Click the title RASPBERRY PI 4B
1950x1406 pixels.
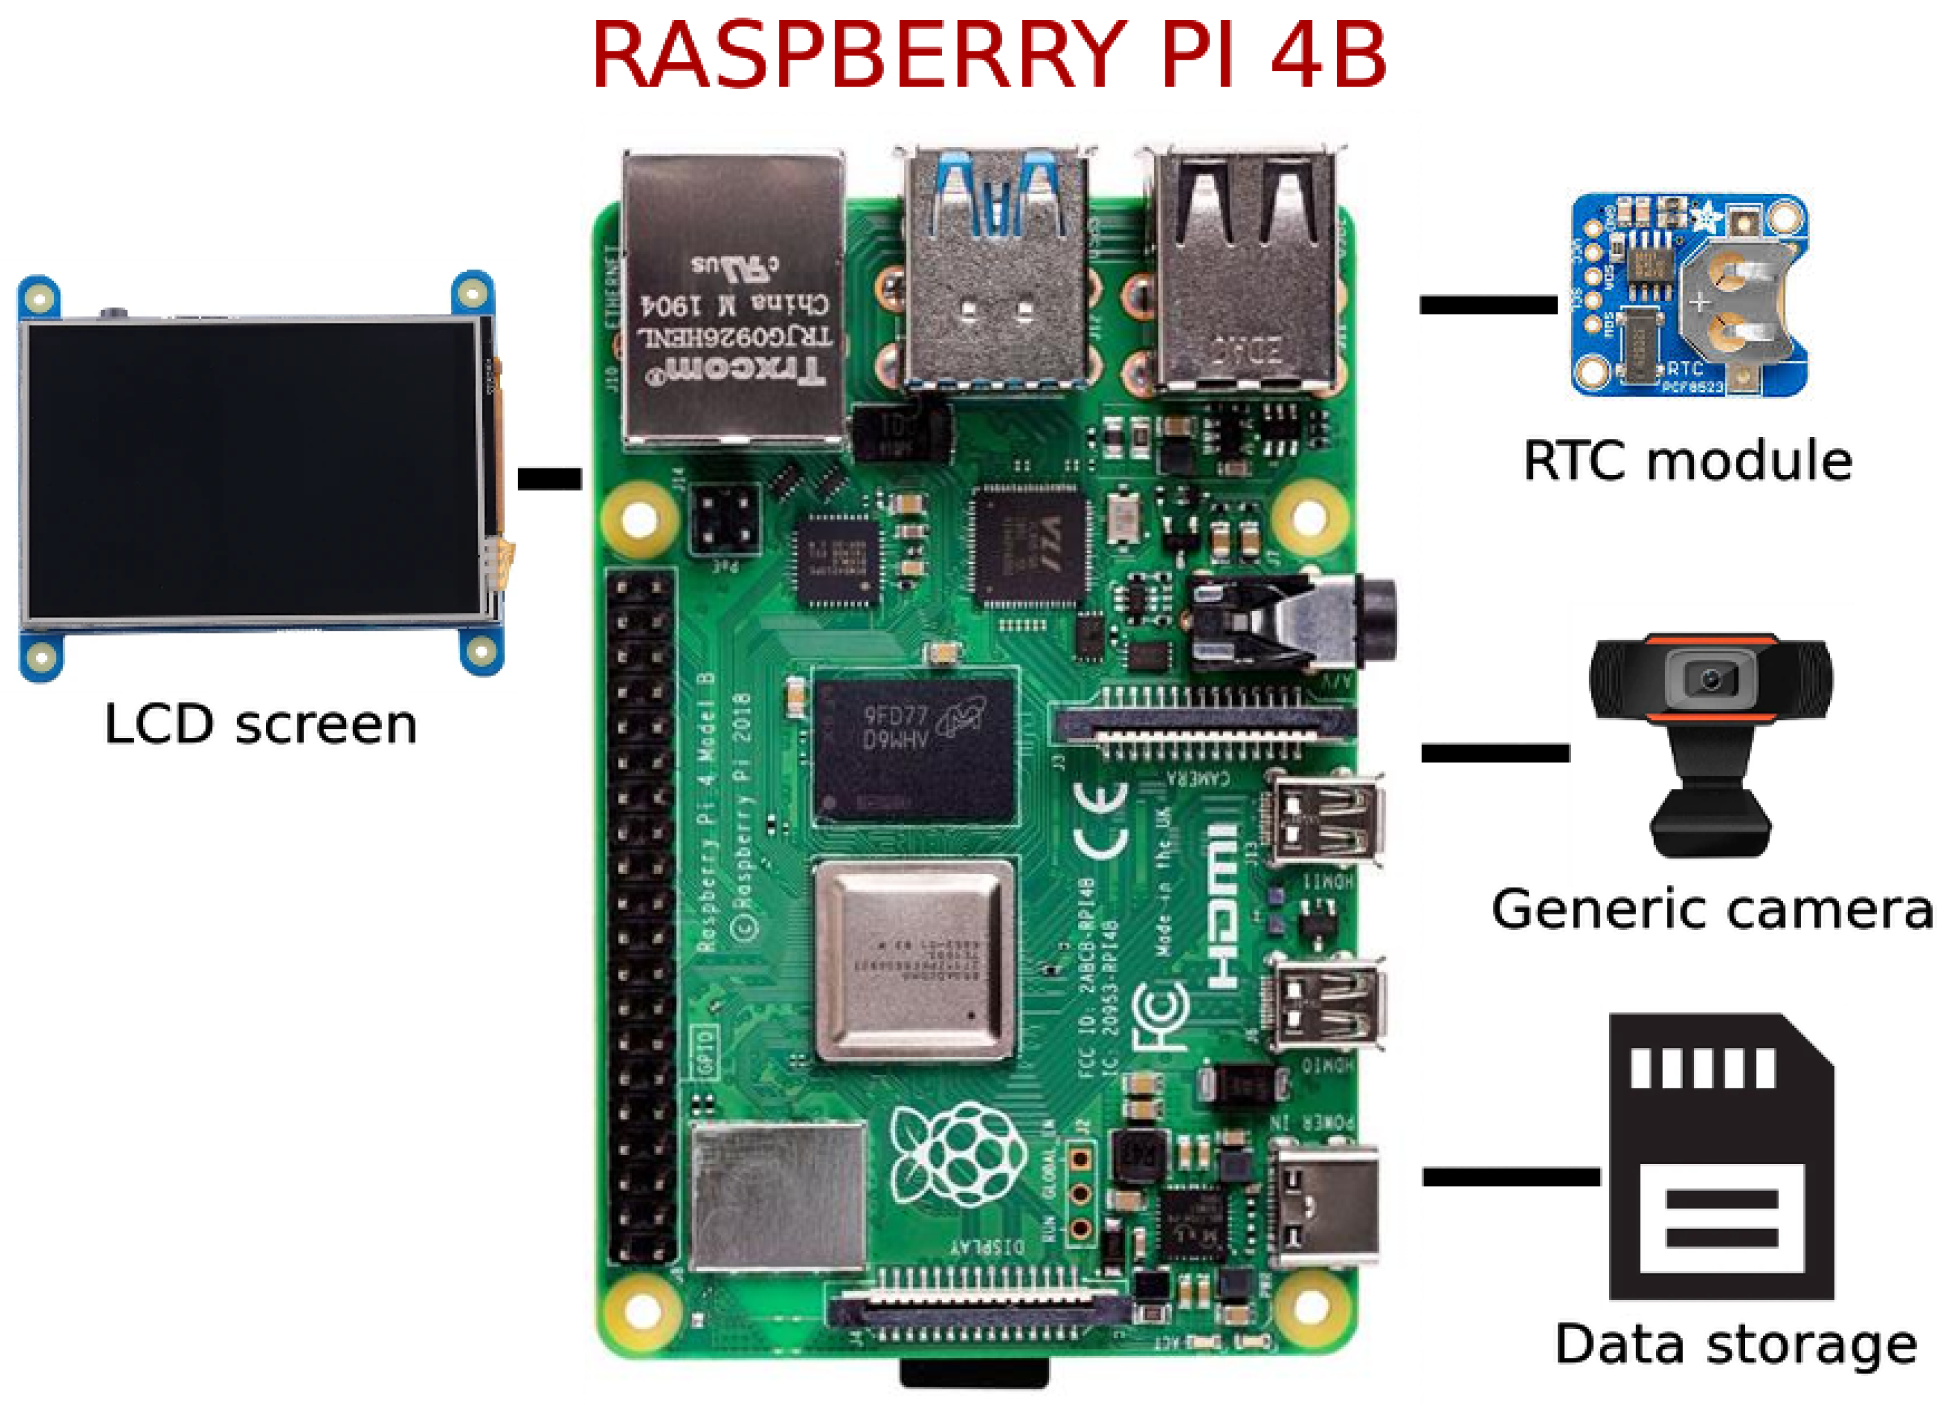tap(989, 56)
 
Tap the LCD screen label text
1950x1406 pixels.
tap(261, 724)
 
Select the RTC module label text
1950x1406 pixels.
tap(1687, 461)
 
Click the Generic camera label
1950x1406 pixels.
tap(1711, 909)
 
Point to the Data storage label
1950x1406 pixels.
tap(1735, 1343)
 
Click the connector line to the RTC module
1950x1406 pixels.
tap(1488, 304)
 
